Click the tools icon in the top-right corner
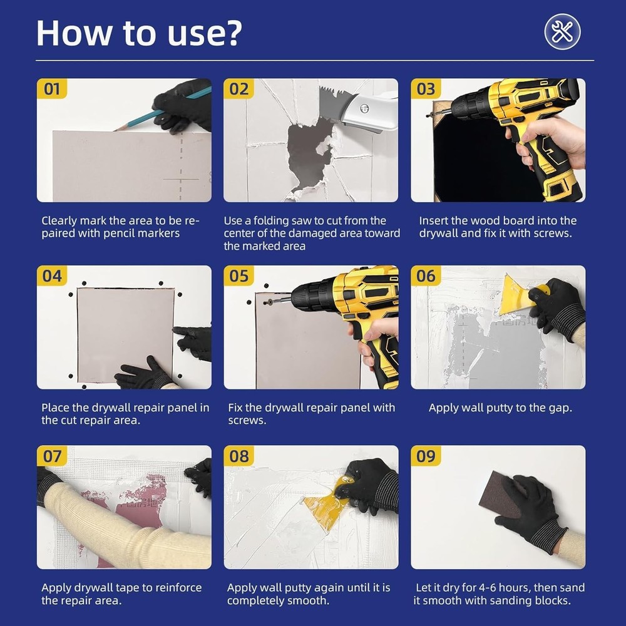[562, 31]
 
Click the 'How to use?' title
[138, 33]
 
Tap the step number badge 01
[52, 88]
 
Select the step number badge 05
[239, 275]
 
